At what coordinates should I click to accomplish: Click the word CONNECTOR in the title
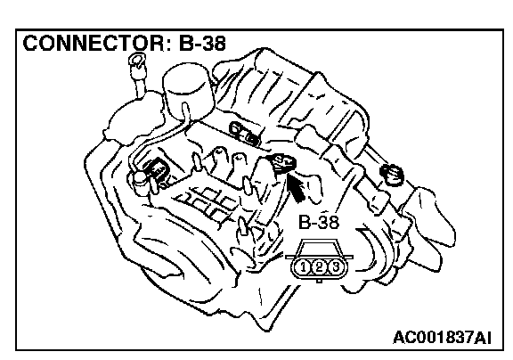tap(94, 43)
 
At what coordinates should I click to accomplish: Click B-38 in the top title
tap(202, 43)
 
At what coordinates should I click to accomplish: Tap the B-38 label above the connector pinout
tap(319, 223)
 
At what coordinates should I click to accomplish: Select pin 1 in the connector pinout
tap(304, 267)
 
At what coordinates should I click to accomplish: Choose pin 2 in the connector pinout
tap(319, 267)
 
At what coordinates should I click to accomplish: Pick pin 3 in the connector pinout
tap(335, 267)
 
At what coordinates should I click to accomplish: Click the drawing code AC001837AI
tap(442, 338)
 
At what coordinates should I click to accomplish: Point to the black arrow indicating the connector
tap(296, 187)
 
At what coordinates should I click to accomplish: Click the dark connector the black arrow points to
tap(282, 163)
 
